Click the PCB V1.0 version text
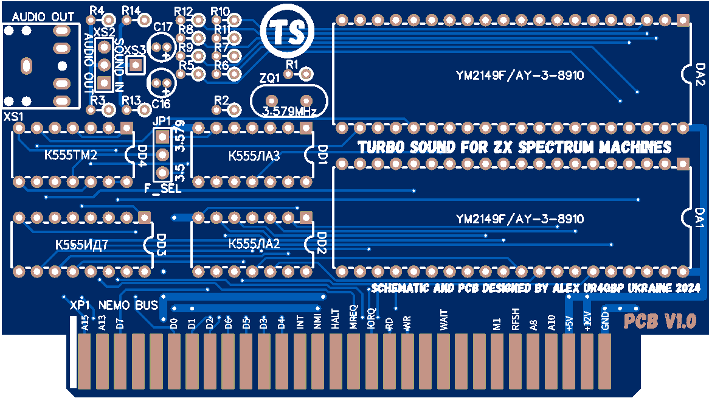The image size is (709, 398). [x=660, y=321]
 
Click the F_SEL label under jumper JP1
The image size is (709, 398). [x=162, y=189]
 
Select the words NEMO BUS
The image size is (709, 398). [x=128, y=304]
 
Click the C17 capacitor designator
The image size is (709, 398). [x=163, y=27]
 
